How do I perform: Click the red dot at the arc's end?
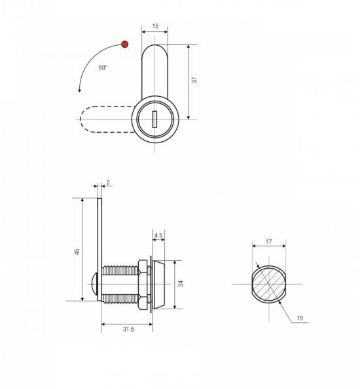tap(125, 44)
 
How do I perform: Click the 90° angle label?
tap(103, 67)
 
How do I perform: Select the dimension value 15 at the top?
tap(155, 25)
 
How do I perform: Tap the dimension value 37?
tap(194, 80)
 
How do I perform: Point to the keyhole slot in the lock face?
tap(154, 120)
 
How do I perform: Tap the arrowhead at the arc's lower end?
tap(79, 90)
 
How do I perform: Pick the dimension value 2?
tap(108, 182)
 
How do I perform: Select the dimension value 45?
tap(77, 251)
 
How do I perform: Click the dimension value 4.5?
tap(158, 235)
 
